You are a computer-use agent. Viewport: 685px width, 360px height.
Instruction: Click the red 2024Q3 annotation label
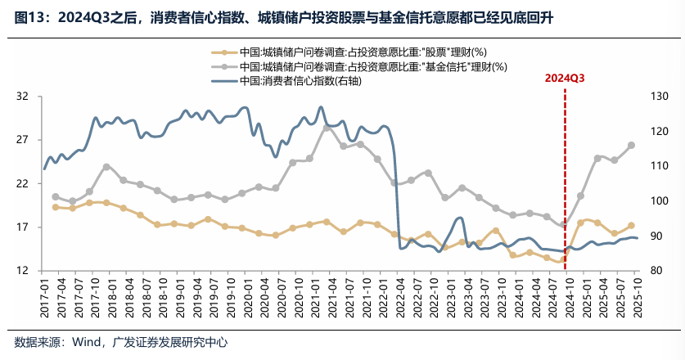[x=565, y=79]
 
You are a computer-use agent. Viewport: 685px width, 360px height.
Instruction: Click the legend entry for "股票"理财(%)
[x=369, y=52]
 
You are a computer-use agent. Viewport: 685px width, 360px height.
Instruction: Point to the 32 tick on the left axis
[x=22, y=97]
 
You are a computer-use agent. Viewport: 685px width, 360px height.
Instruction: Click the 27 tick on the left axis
[x=22, y=140]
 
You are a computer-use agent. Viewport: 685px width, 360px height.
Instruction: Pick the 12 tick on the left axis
[x=22, y=271]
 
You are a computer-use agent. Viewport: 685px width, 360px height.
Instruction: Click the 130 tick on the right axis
[x=660, y=97]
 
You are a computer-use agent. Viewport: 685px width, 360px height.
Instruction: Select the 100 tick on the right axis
[x=660, y=201]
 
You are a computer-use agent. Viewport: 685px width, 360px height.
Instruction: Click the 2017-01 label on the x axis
[x=45, y=297]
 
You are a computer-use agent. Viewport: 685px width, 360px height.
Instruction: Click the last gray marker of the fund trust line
[x=631, y=145]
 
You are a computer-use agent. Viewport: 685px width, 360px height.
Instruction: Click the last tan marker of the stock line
[x=631, y=225]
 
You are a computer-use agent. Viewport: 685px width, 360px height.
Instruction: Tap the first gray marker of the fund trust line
[x=55, y=196]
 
